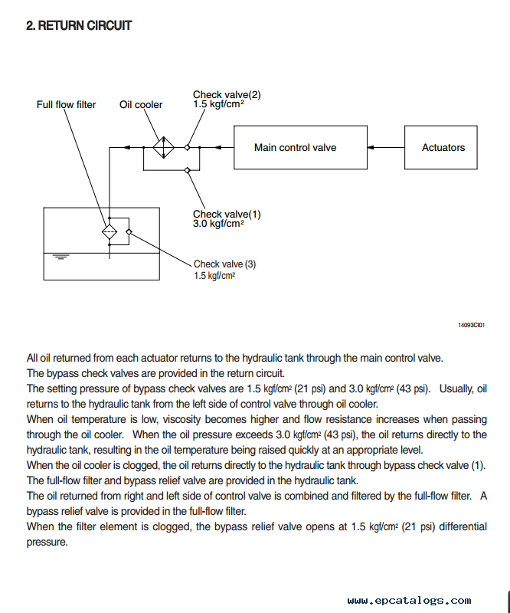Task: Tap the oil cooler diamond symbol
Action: coord(163,147)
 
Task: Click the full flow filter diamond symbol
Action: coord(110,232)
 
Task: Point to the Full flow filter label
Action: coord(66,105)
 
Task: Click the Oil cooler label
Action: coord(141,105)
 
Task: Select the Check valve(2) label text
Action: coord(227,94)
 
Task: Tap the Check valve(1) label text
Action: coord(227,215)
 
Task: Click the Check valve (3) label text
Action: coord(224,264)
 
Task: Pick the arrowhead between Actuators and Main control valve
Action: coord(371,147)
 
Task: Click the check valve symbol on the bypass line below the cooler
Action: coord(187,170)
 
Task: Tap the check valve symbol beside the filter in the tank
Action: coord(129,232)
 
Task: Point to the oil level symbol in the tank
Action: coord(60,257)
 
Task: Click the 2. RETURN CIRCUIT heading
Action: coord(79,26)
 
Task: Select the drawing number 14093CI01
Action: coord(471,325)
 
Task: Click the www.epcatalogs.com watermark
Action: coord(409,600)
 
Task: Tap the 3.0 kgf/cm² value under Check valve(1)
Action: coord(218,224)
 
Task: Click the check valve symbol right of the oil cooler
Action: coord(187,147)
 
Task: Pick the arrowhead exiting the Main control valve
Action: coord(218,147)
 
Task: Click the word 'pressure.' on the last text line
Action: coord(47,543)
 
